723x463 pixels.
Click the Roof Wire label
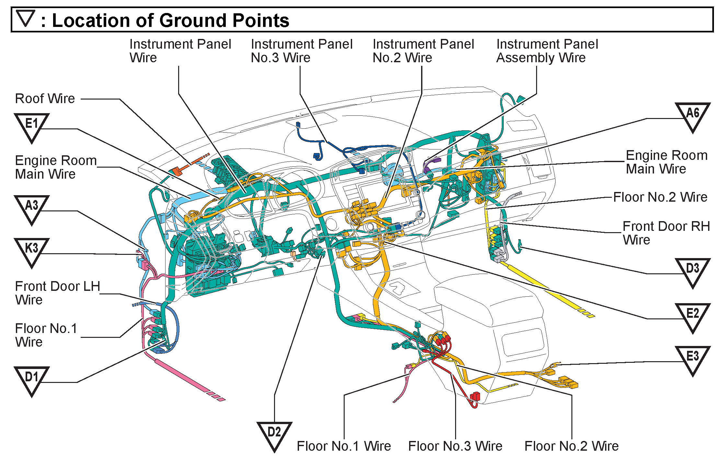(x=45, y=99)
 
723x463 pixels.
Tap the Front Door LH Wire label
(x=57, y=293)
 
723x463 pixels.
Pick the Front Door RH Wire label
(x=666, y=233)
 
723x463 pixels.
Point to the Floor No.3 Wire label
(x=455, y=446)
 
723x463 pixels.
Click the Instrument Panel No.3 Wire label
(x=301, y=51)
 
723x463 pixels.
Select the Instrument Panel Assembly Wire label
(x=547, y=51)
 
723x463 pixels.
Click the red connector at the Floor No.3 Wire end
(x=475, y=396)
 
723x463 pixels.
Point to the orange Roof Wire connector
(x=177, y=171)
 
